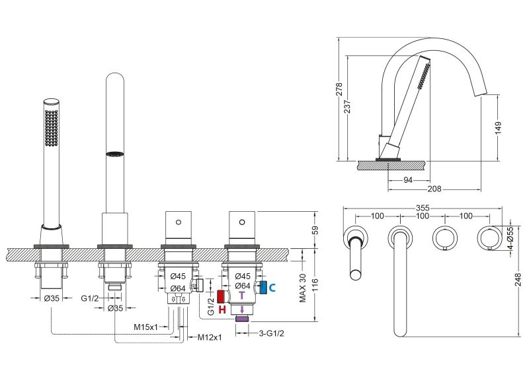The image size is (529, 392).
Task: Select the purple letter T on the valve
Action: click(241, 295)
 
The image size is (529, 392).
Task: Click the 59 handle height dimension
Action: click(315, 230)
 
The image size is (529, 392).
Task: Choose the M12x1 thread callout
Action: click(210, 337)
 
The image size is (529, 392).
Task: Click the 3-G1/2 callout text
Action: click(271, 334)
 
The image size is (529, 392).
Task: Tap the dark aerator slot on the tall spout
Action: click(115, 154)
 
